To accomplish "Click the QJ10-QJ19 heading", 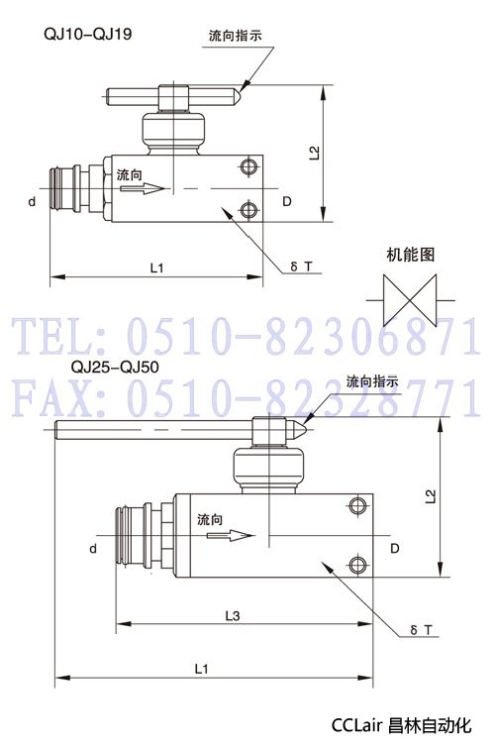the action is point(88,34).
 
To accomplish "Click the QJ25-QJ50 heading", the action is point(115,367).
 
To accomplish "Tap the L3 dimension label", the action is point(233,616).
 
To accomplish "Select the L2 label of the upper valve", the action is point(314,153).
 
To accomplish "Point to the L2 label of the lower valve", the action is point(431,496).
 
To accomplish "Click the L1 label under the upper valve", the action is point(156,268).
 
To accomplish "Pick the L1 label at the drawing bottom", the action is point(202,670).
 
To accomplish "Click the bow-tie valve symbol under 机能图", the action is point(410,300).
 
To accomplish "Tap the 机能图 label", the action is point(411,255).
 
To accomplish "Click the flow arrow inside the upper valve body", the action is point(142,188).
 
